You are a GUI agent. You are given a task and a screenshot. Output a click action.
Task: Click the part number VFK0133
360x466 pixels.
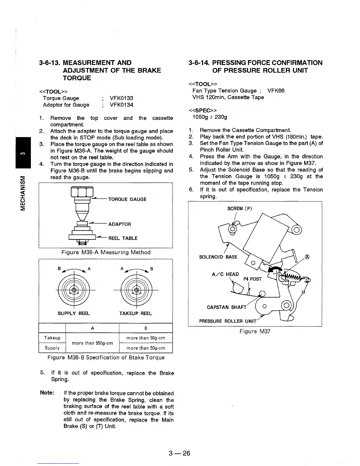121,98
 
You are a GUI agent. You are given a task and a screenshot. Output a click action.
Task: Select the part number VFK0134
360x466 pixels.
121,105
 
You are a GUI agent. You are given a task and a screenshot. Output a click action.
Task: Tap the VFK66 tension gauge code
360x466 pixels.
276,91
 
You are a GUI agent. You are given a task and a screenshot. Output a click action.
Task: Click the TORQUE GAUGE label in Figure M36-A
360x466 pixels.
127,199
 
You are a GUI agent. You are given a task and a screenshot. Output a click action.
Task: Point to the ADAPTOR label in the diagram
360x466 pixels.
120,224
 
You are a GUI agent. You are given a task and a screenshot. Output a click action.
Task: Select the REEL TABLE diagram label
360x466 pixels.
123,238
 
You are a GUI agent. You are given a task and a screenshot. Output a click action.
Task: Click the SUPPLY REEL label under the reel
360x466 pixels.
74,313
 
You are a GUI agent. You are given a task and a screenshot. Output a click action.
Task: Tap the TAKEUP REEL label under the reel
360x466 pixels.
136,313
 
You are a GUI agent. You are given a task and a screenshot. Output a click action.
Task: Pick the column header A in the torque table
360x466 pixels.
92,328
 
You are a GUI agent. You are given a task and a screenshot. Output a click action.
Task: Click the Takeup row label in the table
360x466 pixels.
52,338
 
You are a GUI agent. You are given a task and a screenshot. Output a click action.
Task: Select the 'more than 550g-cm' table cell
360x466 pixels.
92,343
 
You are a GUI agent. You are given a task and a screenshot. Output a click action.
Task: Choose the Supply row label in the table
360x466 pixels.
52,348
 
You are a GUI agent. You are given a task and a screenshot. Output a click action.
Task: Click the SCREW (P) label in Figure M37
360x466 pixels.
240,209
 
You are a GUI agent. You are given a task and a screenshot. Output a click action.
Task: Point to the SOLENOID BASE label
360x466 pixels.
218,257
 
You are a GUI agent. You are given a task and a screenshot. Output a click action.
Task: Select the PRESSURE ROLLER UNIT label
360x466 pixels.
228,321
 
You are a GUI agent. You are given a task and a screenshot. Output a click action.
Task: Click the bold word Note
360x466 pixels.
47,393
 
